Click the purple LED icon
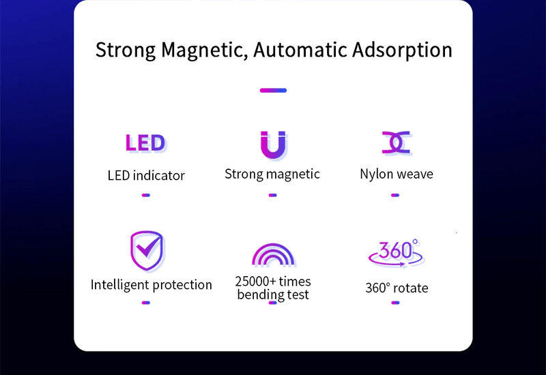[145, 143]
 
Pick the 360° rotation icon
[396, 252]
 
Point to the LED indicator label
[146, 175]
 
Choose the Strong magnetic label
[272, 174]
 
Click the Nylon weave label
[397, 174]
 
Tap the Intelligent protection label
[152, 284]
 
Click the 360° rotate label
[397, 288]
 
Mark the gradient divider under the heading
[273, 90]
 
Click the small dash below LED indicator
[145, 195]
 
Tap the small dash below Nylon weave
[395, 195]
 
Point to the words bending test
[273, 295]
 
